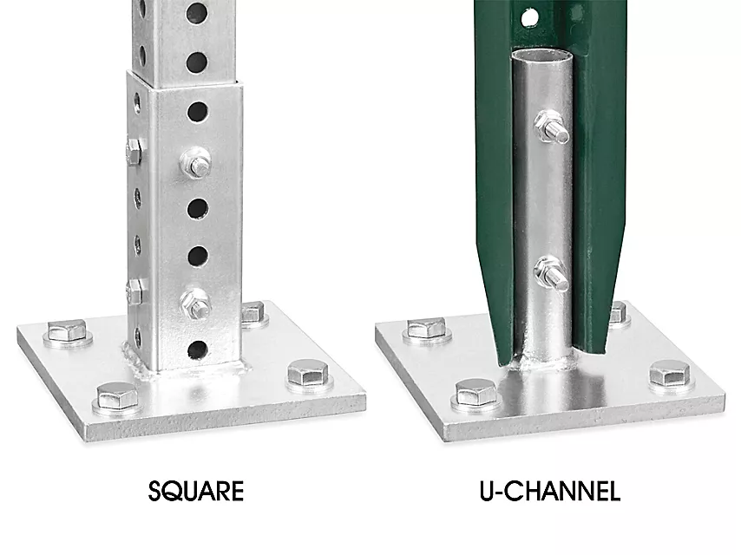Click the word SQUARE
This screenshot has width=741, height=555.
tap(195, 491)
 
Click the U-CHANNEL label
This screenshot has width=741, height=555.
tap(549, 491)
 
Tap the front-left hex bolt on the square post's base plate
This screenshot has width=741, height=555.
tap(117, 397)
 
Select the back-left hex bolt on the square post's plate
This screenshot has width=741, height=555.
tap(68, 331)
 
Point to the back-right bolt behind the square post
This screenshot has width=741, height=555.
tap(254, 314)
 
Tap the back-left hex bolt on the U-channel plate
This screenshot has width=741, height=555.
tap(427, 330)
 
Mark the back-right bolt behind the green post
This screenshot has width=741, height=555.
tap(618, 314)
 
